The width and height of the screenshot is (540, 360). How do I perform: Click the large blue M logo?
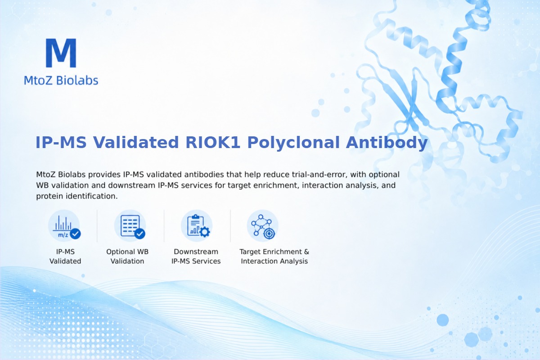(61, 53)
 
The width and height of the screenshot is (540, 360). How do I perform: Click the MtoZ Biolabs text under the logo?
(61, 80)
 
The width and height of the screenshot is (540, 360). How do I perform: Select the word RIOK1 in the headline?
(212, 142)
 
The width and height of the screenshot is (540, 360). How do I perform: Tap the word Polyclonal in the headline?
(293, 143)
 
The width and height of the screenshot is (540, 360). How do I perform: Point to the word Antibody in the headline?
(387, 143)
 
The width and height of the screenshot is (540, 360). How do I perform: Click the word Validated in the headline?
(136, 142)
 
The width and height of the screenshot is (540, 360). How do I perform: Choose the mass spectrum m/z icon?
(64, 226)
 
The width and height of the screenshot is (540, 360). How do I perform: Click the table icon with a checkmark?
(130, 226)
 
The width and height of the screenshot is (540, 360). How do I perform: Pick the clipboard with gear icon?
(197, 226)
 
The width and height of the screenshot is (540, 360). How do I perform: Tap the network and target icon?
(262, 226)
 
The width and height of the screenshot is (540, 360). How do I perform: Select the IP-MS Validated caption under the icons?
(65, 256)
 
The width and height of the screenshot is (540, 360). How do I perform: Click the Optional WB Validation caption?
(127, 256)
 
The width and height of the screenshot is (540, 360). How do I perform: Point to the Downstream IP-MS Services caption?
(196, 256)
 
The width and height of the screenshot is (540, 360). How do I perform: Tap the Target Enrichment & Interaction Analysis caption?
(274, 256)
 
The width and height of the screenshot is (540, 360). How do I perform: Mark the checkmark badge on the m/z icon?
(76, 234)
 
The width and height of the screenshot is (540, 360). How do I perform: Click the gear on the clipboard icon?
(205, 232)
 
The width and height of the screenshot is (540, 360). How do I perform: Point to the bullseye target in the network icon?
(269, 234)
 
